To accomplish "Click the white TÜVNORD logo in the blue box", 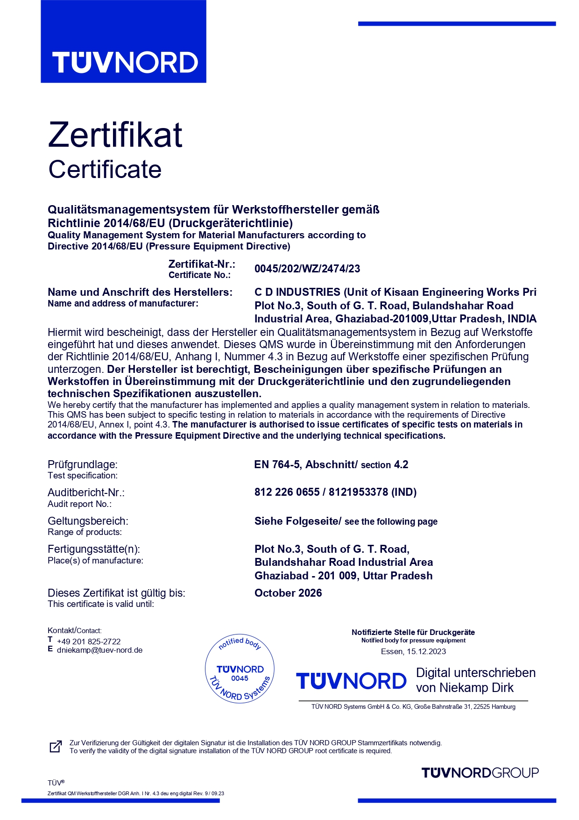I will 125,63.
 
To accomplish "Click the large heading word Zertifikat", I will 115,135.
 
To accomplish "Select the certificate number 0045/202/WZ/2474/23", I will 307,269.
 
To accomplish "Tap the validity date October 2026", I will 288,593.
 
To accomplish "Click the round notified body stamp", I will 240,669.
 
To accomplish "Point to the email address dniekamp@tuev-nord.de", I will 99,650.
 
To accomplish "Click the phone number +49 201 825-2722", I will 89,642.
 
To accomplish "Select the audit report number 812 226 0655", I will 287,492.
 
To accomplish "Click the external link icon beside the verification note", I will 56,747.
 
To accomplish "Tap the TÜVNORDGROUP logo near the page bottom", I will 480,773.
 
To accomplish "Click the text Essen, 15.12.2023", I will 413,651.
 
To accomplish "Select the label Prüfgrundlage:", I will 83,464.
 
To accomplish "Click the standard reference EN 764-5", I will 277,464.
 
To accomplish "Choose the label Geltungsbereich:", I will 88,521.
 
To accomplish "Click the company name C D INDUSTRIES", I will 297,292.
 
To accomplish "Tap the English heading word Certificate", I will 105,169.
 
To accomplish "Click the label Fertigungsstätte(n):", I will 94,549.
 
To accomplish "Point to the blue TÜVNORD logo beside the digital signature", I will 351,681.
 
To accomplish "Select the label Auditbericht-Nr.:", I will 86,492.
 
